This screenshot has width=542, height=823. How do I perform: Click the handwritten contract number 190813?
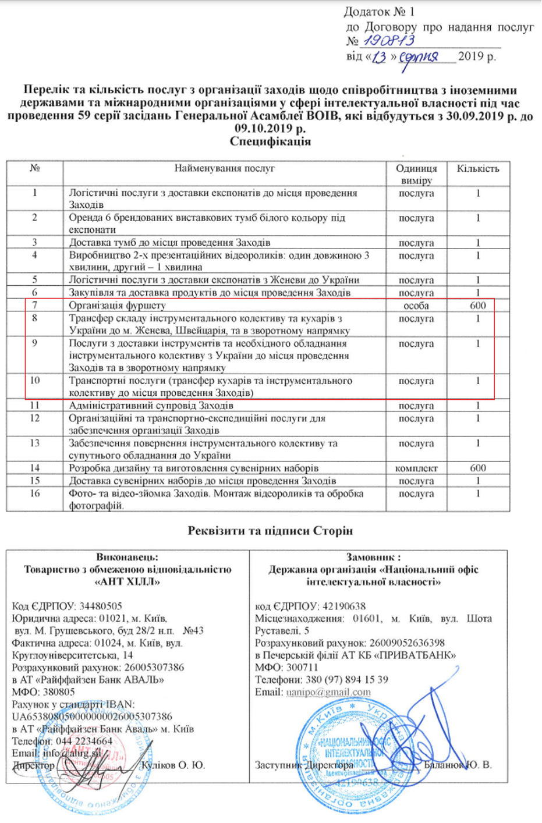coord(389,41)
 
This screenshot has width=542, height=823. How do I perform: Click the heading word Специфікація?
coord(270,141)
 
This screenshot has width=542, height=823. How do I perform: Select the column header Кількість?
coord(478,169)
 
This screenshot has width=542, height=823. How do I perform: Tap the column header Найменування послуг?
coord(224,169)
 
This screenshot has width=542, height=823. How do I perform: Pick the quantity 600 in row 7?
coord(478,305)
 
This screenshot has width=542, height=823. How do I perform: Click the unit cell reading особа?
coord(416,305)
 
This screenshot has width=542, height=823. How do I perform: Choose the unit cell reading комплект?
coord(416,468)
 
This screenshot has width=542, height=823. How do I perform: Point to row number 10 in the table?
coord(35,381)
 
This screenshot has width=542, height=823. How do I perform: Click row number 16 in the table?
coord(35,494)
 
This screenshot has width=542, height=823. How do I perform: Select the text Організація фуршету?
coord(118,305)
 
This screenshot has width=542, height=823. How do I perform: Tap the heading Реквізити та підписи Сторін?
coord(270,531)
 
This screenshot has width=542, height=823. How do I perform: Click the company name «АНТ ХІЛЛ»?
coord(127,581)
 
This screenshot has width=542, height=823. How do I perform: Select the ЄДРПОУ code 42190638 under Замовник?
coord(339,606)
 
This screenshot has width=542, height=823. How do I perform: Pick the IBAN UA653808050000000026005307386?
coord(92,716)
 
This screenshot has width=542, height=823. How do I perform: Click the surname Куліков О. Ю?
coord(173,765)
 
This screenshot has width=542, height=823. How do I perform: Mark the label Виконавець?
coord(127,557)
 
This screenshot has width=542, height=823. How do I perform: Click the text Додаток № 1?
coord(380,12)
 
